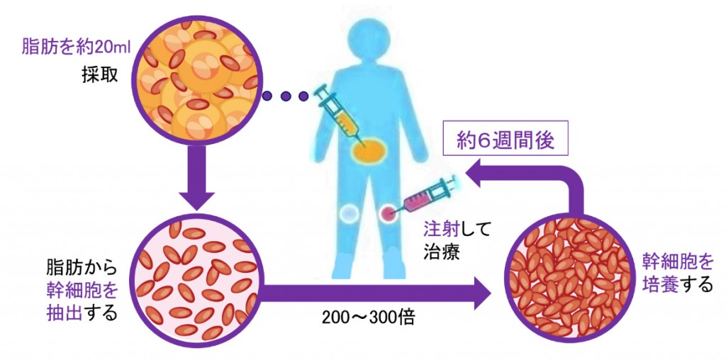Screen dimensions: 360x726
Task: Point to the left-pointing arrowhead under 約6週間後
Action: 482,172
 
